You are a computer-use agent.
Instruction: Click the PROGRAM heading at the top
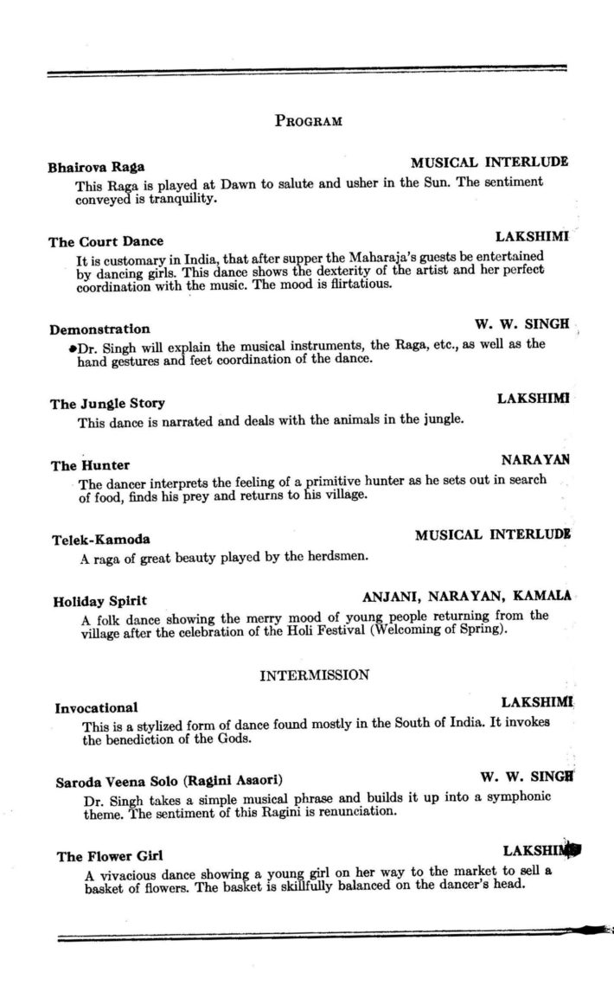tap(308, 120)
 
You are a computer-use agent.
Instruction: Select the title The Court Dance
tap(106, 241)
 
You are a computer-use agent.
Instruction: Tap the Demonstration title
tap(99, 329)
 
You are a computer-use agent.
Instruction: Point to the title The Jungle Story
tap(107, 404)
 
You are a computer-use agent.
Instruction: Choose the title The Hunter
tap(91, 465)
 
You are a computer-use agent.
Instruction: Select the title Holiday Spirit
tap(99, 600)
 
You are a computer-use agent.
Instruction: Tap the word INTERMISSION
tap(315, 675)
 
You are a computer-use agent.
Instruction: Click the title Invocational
tap(96, 707)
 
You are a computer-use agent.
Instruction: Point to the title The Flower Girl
tap(110, 856)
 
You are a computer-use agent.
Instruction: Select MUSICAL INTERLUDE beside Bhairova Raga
tap(489, 162)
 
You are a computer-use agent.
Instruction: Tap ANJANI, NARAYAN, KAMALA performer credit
tap(466, 597)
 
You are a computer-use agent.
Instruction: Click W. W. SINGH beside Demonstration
tap(521, 324)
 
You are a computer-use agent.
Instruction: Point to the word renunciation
tap(363, 813)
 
